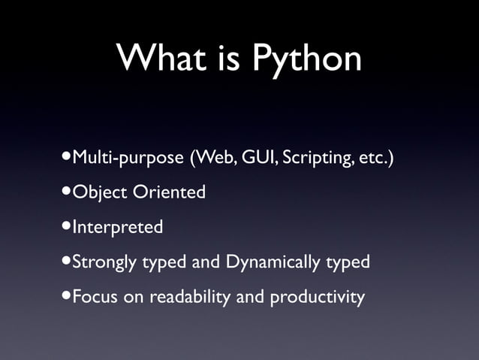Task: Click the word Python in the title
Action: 306,59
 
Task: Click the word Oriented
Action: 170,192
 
